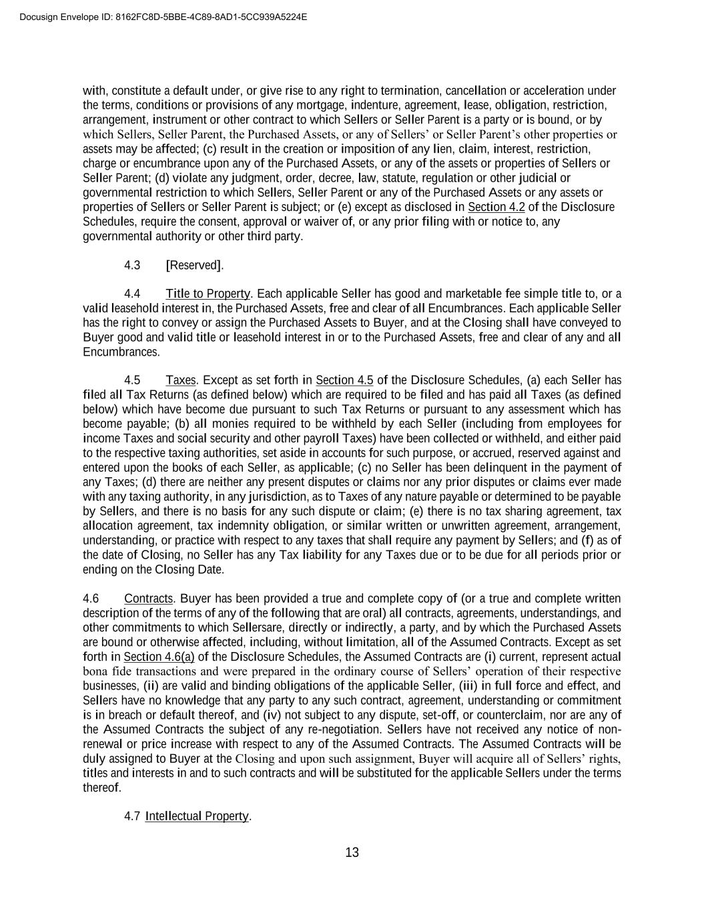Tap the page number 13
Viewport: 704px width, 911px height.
(352, 852)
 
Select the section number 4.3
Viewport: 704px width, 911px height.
(132, 265)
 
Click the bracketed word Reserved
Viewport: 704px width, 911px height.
(195, 265)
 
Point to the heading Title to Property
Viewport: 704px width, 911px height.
(208, 294)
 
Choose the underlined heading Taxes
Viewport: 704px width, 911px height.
(181, 380)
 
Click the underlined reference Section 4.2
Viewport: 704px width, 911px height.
(496, 207)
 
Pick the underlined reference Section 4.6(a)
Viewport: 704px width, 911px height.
(159, 657)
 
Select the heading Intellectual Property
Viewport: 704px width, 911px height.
(197, 816)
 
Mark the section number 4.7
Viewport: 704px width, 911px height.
(132, 816)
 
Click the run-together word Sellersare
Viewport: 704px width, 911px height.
(258, 627)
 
